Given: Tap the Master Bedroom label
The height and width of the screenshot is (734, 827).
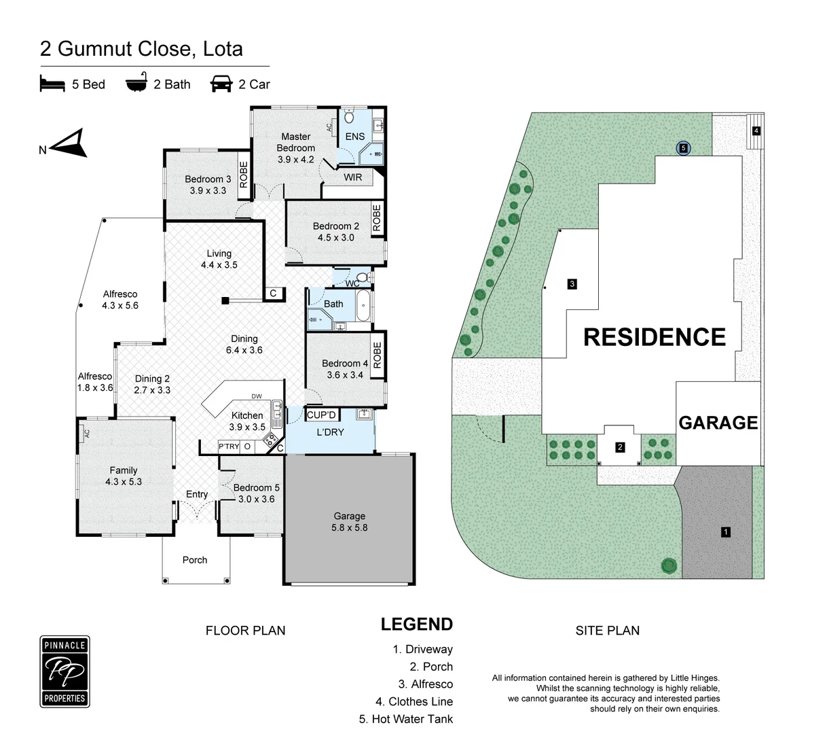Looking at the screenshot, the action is point(295,142).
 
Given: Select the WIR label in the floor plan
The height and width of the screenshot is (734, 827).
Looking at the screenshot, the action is point(352,177).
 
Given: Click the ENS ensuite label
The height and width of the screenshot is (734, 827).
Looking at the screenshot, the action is point(354,136).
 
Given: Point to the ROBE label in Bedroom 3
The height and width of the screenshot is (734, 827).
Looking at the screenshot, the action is point(244,175).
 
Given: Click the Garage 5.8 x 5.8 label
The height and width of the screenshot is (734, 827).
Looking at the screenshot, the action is point(349,521).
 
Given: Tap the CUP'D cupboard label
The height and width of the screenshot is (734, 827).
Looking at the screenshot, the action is point(321,415).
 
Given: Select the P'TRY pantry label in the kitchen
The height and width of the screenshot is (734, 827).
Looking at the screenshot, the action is point(229,447).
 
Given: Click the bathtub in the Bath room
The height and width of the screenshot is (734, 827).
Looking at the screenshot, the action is point(363,305).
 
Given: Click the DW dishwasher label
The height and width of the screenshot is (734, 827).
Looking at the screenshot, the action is point(257,396).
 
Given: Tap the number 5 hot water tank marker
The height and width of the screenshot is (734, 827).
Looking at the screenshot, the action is point(683,148).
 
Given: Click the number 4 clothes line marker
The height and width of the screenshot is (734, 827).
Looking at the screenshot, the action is point(756,130).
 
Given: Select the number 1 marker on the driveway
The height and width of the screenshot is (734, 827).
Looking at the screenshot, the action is point(725,531).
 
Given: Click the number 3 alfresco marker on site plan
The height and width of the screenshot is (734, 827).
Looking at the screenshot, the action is point(572,283).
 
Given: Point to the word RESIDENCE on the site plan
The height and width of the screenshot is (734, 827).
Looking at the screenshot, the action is point(655,337).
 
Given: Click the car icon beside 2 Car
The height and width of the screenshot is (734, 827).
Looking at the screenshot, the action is point(221,84).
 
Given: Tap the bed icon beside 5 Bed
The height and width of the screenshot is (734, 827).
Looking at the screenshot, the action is point(52,83).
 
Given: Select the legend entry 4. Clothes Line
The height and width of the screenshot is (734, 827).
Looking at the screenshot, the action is point(414,701).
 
